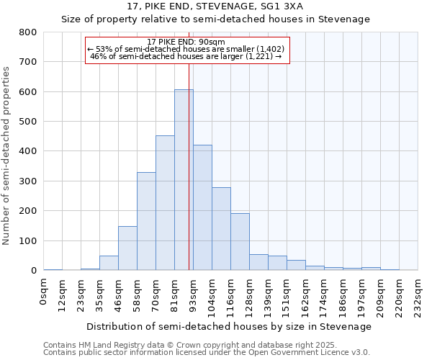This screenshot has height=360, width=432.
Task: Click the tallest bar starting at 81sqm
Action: pos(184,180)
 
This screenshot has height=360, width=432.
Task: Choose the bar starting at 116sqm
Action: pos(240,242)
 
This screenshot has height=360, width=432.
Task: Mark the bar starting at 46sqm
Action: pos(127,248)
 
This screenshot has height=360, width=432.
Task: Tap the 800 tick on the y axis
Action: pos(28,32)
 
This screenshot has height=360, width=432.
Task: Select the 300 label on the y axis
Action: pos(28,181)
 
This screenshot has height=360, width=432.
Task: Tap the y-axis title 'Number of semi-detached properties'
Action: pos(7,155)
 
